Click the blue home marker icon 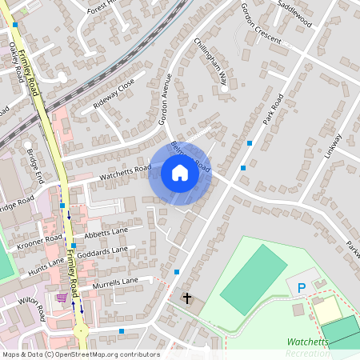(x=180, y=173)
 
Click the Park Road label (x=273, y=110)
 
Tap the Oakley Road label (x=17, y=61)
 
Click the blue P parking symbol (x=301, y=287)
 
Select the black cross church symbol (x=187, y=298)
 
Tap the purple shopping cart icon (x=62, y=298)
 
